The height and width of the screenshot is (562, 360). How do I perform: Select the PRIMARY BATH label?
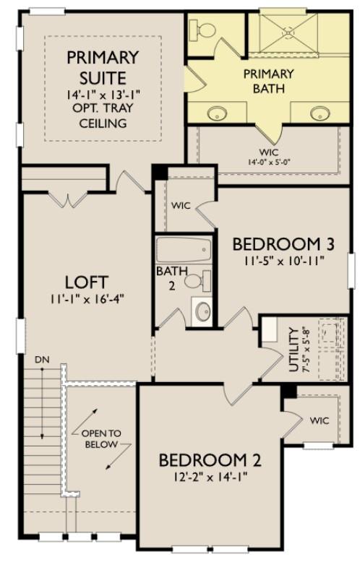coord(268,81)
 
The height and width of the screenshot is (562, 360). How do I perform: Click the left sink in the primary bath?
coord(216,113)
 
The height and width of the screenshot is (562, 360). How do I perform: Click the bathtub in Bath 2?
coord(184,252)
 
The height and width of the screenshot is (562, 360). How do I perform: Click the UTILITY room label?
coord(293,349)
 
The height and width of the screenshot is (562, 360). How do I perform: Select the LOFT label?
coord(87,281)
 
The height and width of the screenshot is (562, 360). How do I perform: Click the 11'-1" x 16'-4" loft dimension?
coord(87,299)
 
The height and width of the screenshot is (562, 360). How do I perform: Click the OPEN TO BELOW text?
coord(101,438)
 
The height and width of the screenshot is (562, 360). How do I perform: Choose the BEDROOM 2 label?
coord(210,460)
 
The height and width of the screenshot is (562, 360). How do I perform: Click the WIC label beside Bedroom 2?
coord(320,420)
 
